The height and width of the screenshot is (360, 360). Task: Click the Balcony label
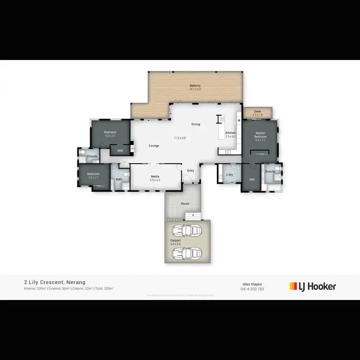pos(195,85)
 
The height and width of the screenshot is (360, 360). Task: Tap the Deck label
pos(258,111)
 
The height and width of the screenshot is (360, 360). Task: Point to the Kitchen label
pos(230,132)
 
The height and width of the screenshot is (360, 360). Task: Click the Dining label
pos(196,124)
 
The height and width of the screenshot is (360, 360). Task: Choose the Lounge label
pos(154,145)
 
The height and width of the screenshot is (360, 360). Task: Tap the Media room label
pos(155,176)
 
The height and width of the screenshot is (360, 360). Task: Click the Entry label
pos(191,170)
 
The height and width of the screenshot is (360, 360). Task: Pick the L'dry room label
pos(229,175)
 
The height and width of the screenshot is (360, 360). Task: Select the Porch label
pos(185,204)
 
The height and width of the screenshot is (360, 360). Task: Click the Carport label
pos(175,240)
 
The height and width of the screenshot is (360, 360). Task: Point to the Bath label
pos(119,180)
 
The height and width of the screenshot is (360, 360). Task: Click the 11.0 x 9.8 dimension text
pos(180,138)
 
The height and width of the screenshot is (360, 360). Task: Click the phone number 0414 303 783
pos(252,288)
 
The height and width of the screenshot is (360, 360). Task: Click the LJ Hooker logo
pos(312,287)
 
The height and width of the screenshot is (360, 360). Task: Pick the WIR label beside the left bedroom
pos(120,150)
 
